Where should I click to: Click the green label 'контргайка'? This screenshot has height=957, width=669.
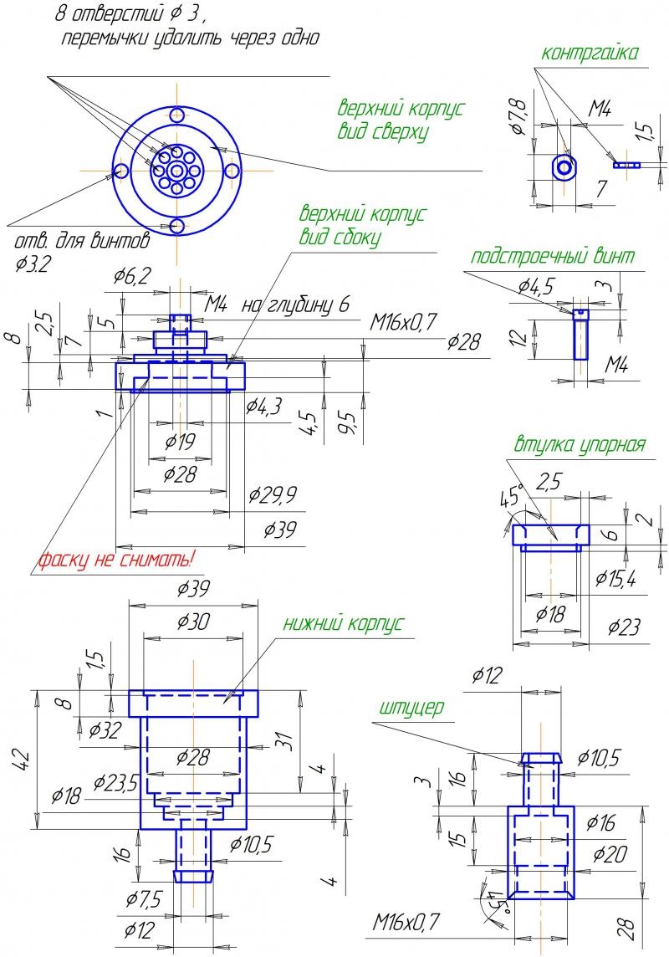tap(590, 54)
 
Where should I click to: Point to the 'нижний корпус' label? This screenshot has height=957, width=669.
tap(343, 623)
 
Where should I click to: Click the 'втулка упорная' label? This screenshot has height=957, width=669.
tap(580, 444)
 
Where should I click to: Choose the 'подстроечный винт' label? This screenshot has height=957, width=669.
tap(553, 257)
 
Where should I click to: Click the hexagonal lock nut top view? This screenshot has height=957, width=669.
tap(566, 166)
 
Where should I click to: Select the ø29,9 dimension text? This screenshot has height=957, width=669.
tap(273, 496)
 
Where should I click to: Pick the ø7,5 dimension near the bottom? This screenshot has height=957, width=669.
tap(144, 899)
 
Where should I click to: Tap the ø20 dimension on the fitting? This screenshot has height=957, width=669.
tap(610, 854)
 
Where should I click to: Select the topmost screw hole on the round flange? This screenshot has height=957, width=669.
tap(177, 115)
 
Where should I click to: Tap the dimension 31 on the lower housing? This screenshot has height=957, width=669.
tap(283, 740)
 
